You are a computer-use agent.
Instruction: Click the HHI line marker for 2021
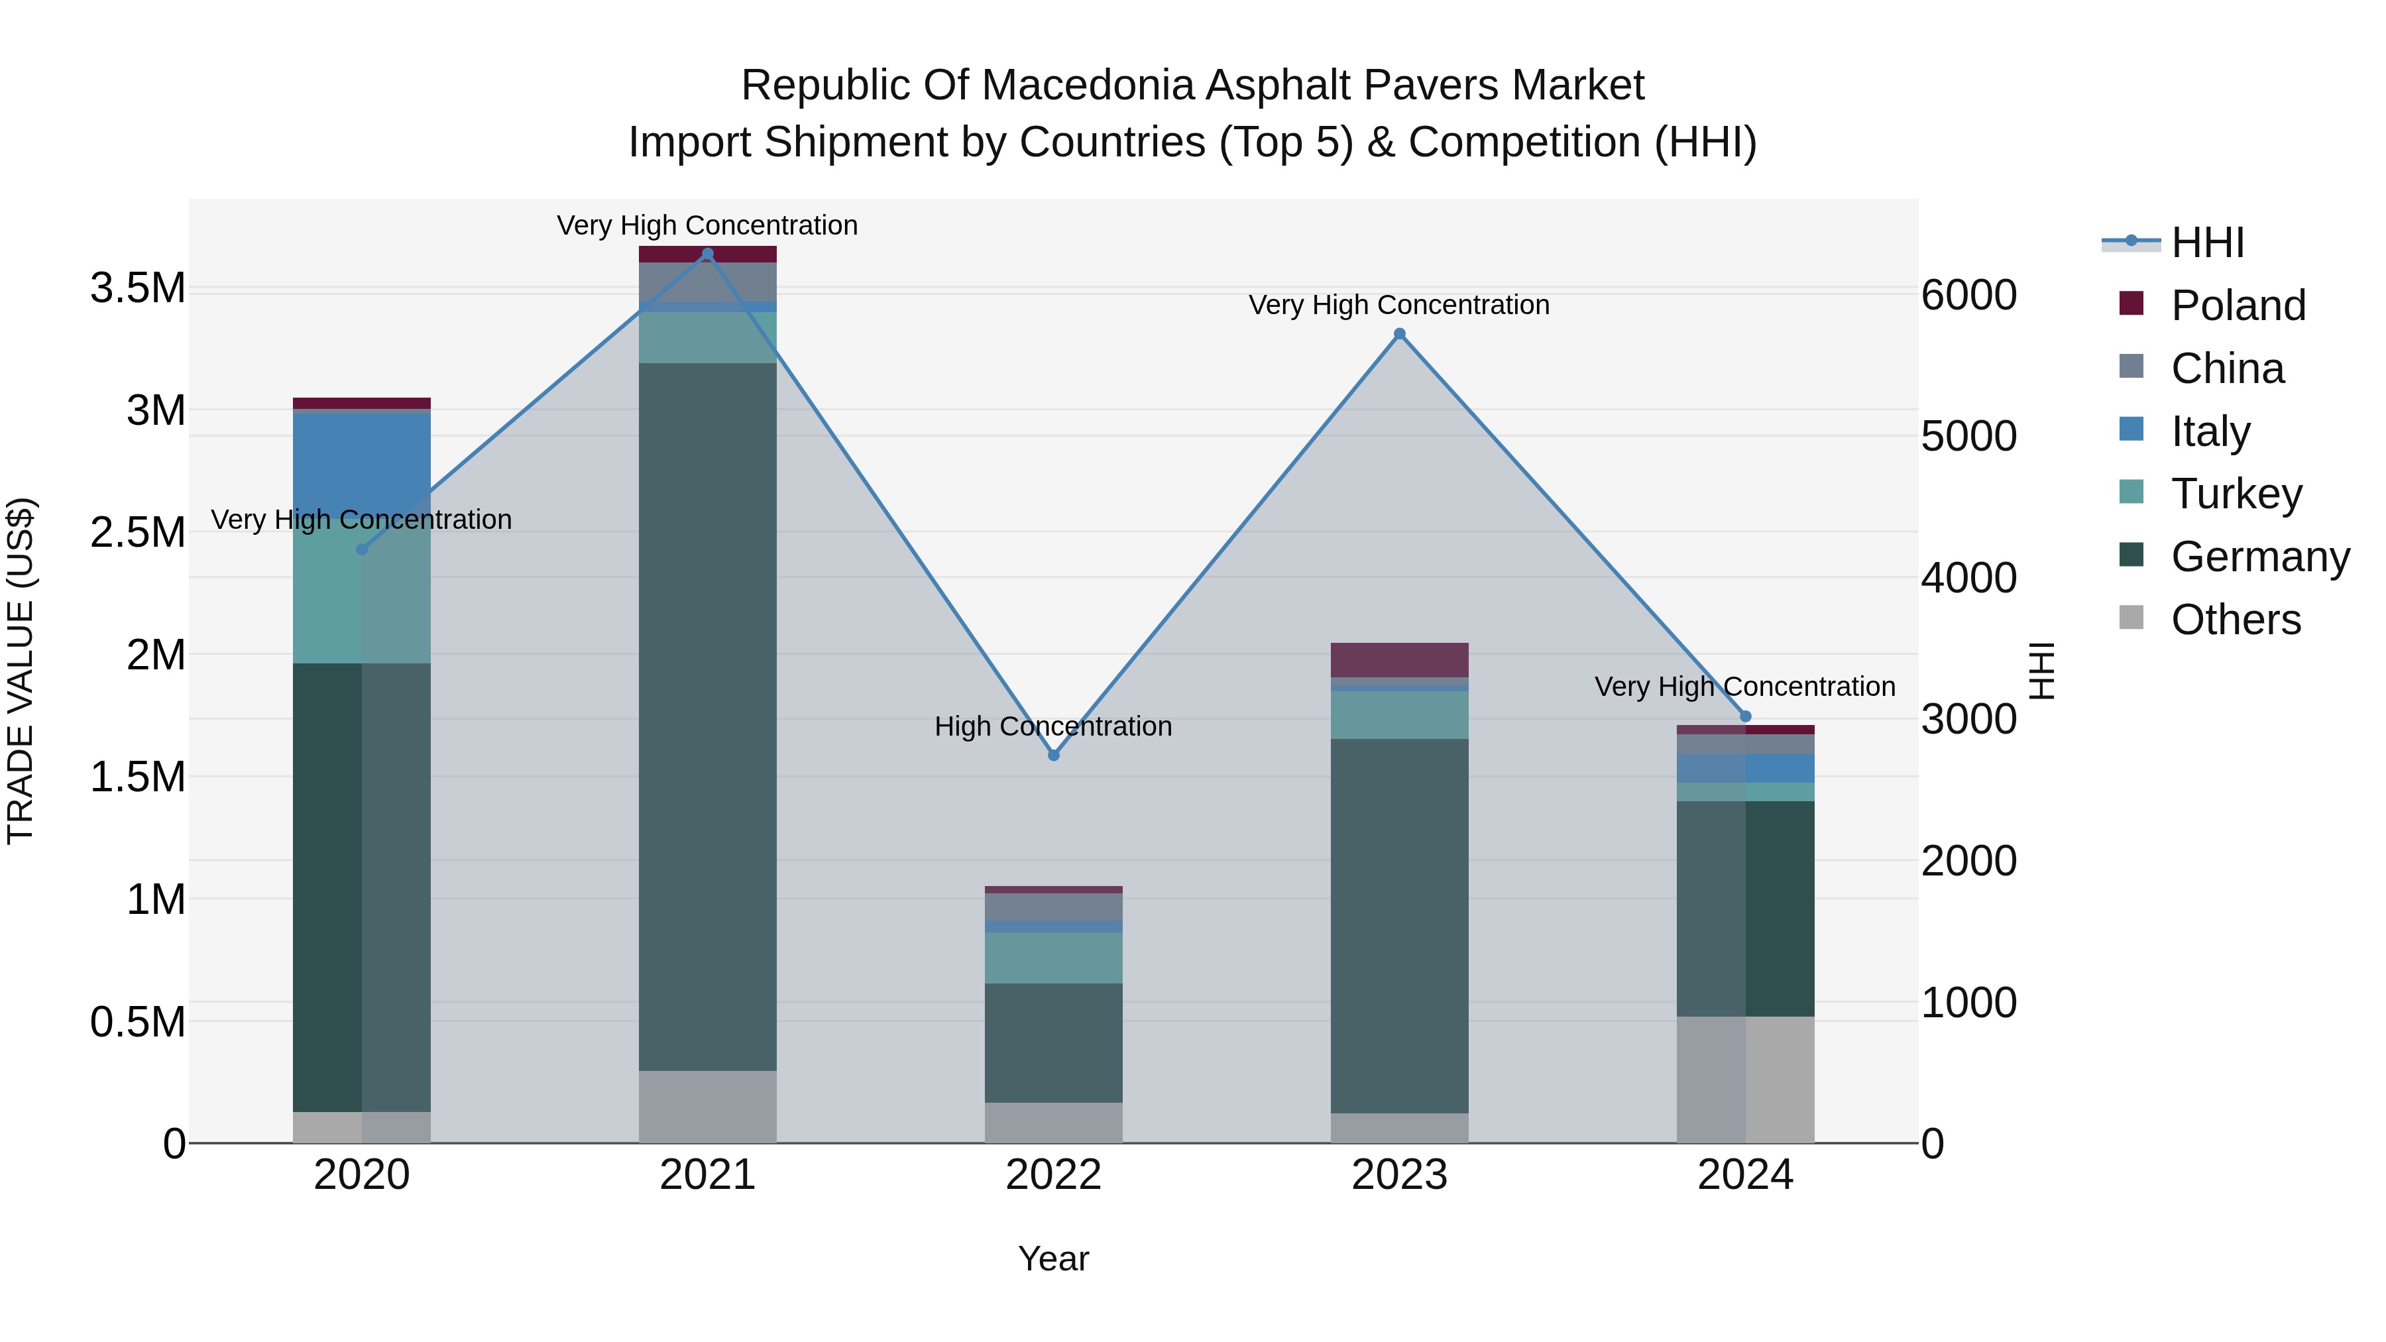708,254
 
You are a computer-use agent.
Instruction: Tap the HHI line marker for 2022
1053,755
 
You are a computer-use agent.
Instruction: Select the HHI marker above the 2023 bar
1400,335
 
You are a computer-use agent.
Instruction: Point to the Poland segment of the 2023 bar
1400,660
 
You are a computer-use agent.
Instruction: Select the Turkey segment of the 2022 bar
1053,958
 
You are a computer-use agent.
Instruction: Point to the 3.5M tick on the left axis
138,288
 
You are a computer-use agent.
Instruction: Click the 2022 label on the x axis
1053,1175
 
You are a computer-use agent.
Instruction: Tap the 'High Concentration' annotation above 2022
1053,726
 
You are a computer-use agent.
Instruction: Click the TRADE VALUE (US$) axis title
21,671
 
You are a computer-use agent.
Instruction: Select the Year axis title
1053,1258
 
